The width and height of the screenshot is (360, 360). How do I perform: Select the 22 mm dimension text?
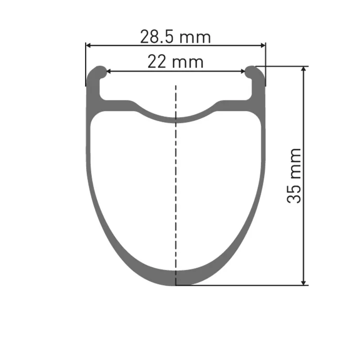175,62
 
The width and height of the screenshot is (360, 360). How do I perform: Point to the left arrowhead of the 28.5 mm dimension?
89,45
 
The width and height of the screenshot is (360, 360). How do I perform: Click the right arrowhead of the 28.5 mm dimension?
262,45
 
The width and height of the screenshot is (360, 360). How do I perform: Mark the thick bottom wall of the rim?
176,278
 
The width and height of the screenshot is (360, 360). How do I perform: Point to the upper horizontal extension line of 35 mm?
283,66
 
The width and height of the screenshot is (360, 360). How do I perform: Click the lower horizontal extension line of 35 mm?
243,285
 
